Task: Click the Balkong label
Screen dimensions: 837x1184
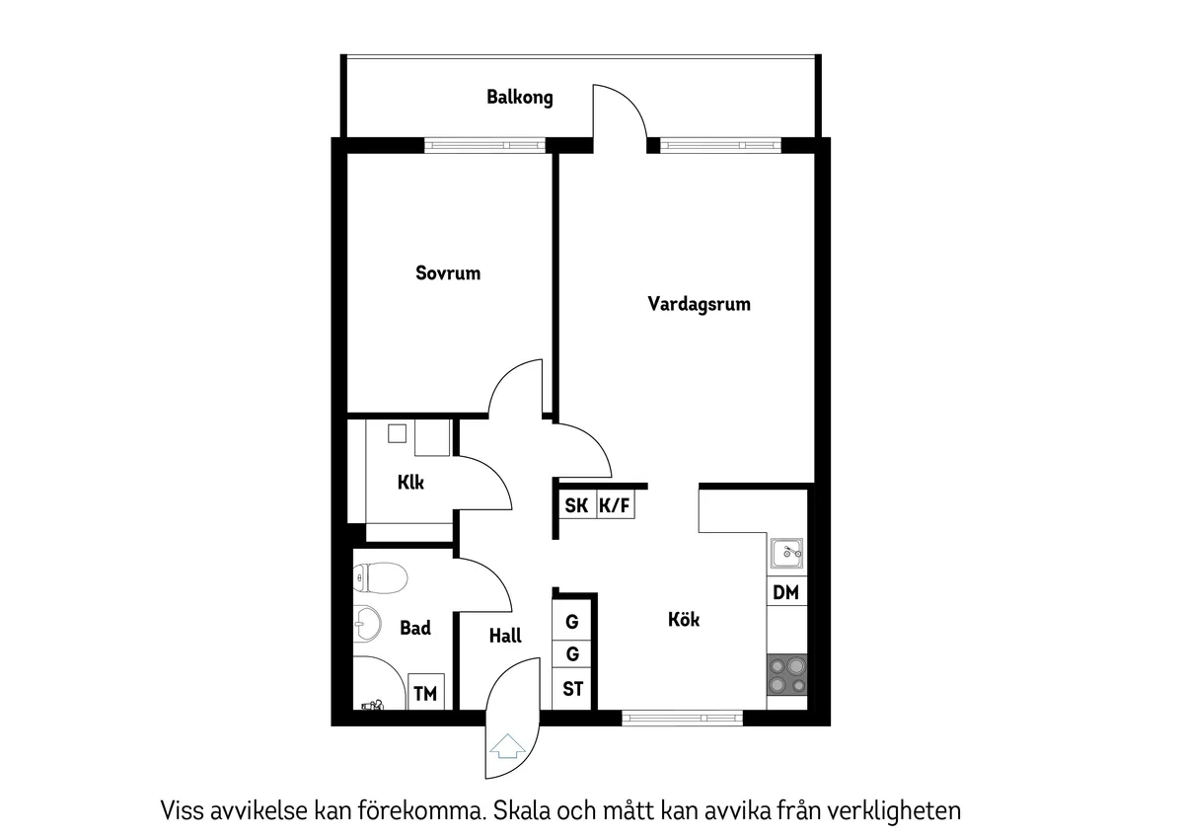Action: point(519,98)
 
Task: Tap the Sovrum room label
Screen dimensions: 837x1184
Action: point(448,273)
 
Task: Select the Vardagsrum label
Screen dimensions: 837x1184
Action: point(699,304)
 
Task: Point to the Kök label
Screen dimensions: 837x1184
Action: point(684,620)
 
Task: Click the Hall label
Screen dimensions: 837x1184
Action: point(505,637)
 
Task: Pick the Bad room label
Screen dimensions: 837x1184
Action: point(415,628)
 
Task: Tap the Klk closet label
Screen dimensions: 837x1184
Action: point(410,484)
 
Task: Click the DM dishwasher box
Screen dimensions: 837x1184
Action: point(786,593)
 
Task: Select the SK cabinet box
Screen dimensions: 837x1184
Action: point(576,506)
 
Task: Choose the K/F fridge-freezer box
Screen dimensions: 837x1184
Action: point(615,506)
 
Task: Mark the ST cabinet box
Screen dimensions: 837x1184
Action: point(572,689)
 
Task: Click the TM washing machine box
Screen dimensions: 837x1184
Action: point(425,694)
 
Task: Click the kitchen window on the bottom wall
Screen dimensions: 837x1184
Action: point(683,718)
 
